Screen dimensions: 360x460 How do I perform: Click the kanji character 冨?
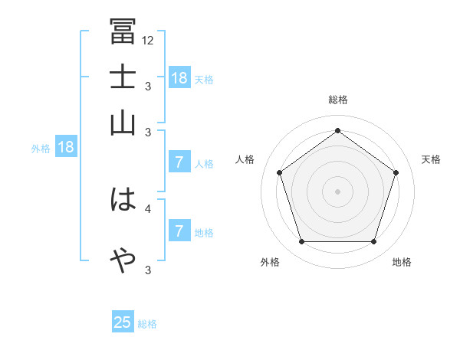click(x=123, y=32)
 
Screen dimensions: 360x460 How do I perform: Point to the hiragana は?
click(x=123, y=201)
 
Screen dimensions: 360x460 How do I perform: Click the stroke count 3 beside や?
click(x=147, y=270)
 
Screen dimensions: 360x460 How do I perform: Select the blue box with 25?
click(x=123, y=322)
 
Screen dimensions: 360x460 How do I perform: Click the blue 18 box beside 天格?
click(x=179, y=78)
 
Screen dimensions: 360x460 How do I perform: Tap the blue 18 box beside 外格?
click(x=66, y=148)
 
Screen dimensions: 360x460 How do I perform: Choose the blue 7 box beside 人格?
click(x=179, y=162)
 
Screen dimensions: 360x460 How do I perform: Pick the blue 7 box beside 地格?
click(x=179, y=231)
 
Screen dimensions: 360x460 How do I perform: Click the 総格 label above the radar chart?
click(x=337, y=100)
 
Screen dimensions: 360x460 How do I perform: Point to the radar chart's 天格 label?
click(x=431, y=159)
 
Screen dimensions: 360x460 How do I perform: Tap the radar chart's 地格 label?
click(x=402, y=262)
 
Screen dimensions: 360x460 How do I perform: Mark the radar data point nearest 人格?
click(x=279, y=172)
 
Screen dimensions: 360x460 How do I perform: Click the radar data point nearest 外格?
click(x=301, y=242)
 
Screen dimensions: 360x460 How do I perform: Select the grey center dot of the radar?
click(x=337, y=191)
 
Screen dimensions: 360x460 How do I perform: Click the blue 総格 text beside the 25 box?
click(x=147, y=324)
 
